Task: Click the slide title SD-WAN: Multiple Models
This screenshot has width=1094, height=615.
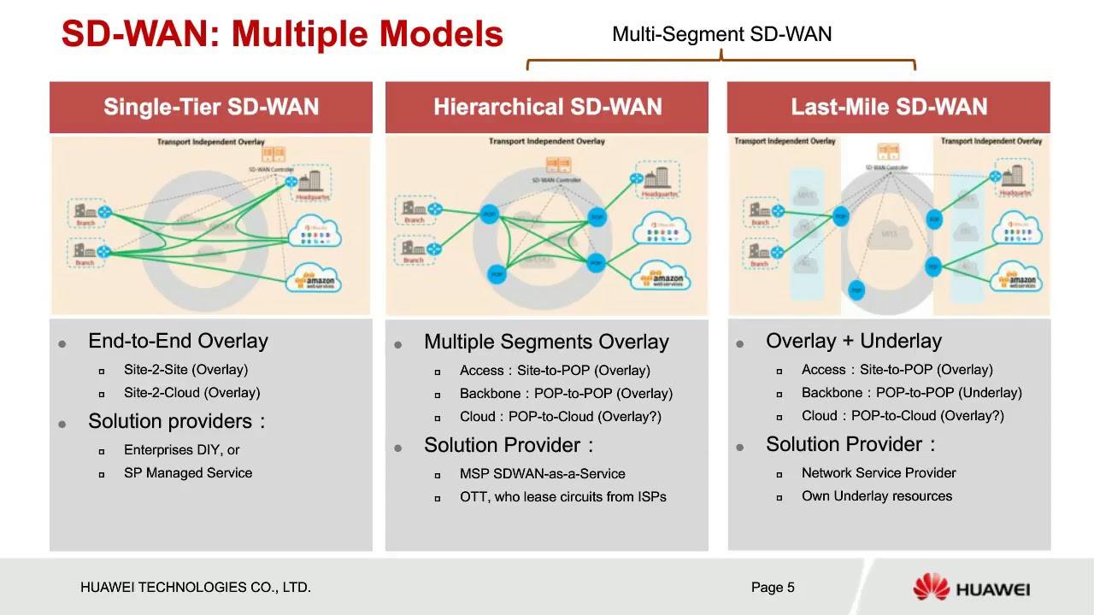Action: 282,34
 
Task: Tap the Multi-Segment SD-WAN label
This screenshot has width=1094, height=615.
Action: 721,34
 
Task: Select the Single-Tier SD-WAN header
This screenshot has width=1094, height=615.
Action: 211,107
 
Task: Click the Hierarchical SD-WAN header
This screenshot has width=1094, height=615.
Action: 547,107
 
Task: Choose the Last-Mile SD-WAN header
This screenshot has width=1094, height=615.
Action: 889,107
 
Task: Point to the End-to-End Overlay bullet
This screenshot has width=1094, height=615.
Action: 178,341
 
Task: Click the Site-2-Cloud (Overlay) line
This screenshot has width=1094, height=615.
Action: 191,393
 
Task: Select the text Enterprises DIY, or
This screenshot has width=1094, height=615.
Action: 181,449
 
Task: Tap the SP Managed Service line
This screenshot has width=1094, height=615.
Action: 188,472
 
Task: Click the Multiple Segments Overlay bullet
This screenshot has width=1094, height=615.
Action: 546,342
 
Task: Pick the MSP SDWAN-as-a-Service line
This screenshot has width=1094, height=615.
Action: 542,473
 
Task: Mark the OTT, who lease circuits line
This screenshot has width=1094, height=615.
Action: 562,496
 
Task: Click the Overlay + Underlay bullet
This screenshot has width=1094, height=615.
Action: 853,341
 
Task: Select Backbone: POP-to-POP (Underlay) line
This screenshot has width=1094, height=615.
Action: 911,393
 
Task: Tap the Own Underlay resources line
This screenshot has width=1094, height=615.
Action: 876,495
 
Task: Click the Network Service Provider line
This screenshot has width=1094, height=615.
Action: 879,472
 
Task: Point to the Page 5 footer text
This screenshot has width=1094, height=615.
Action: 773,587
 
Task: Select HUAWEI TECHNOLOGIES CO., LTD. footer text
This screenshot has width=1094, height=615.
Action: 196,587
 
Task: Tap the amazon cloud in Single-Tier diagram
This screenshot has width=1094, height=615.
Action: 317,279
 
